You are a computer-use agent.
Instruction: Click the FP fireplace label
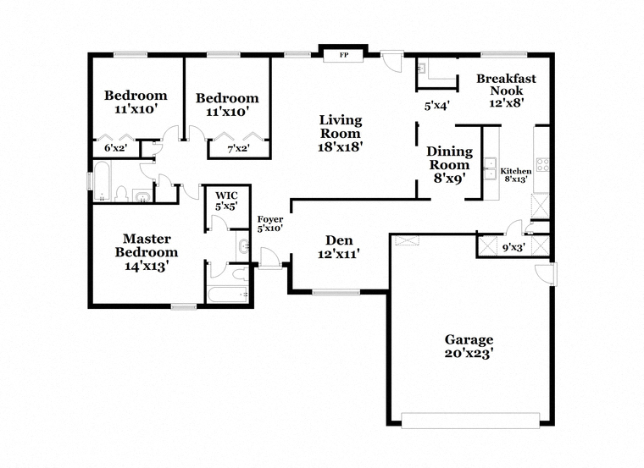[344, 55]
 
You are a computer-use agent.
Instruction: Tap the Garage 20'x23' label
[469, 346]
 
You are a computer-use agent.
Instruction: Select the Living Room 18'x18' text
[341, 134]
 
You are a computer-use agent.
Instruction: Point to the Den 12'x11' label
[339, 247]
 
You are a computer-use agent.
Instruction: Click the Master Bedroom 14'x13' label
[147, 252]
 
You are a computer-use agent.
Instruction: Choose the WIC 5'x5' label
[226, 201]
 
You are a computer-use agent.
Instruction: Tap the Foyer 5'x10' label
[269, 224]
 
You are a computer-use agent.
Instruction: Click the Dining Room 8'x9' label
[449, 164]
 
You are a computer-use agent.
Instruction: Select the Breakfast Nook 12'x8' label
[506, 91]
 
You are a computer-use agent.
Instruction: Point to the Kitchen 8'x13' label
[516, 174]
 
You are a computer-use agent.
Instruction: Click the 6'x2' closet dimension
[115, 148]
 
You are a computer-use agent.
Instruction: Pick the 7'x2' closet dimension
[238, 148]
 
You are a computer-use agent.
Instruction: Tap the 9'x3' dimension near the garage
[514, 247]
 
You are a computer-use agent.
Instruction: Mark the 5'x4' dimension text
[437, 106]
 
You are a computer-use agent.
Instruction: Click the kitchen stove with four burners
[542, 165]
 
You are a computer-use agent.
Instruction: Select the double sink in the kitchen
[490, 168]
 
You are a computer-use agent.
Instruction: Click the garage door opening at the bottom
[470, 421]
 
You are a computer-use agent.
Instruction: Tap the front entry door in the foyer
[269, 258]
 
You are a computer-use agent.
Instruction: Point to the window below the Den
[336, 293]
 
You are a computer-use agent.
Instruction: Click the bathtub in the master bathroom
[227, 295]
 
